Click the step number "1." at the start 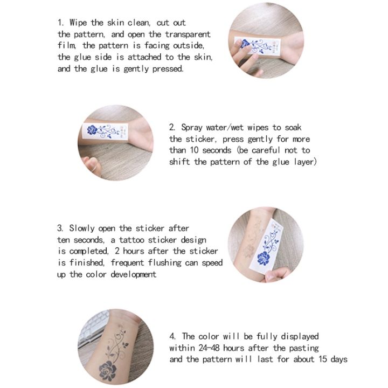61,23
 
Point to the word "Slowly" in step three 83,228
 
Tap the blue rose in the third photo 265,258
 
